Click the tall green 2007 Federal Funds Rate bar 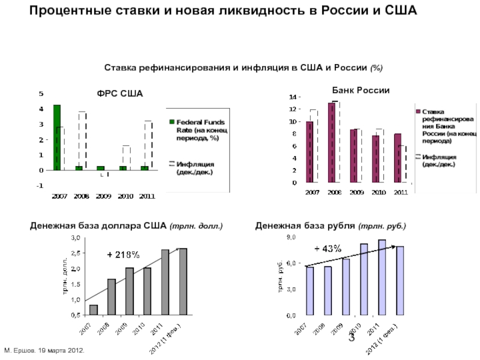[x=57, y=137]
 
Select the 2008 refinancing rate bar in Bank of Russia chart [x=331, y=142]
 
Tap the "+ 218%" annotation [x=124, y=255]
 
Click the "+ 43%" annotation [x=328, y=248]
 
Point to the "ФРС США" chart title [x=121, y=94]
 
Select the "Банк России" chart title [x=361, y=90]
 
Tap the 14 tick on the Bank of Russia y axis [x=292, y=97]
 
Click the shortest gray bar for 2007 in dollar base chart [x=94, y=310]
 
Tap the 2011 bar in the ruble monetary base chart [x=382, y=277]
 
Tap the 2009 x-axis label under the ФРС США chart [x=103, y=196]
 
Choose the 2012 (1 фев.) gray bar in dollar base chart [x=183, y=281]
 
